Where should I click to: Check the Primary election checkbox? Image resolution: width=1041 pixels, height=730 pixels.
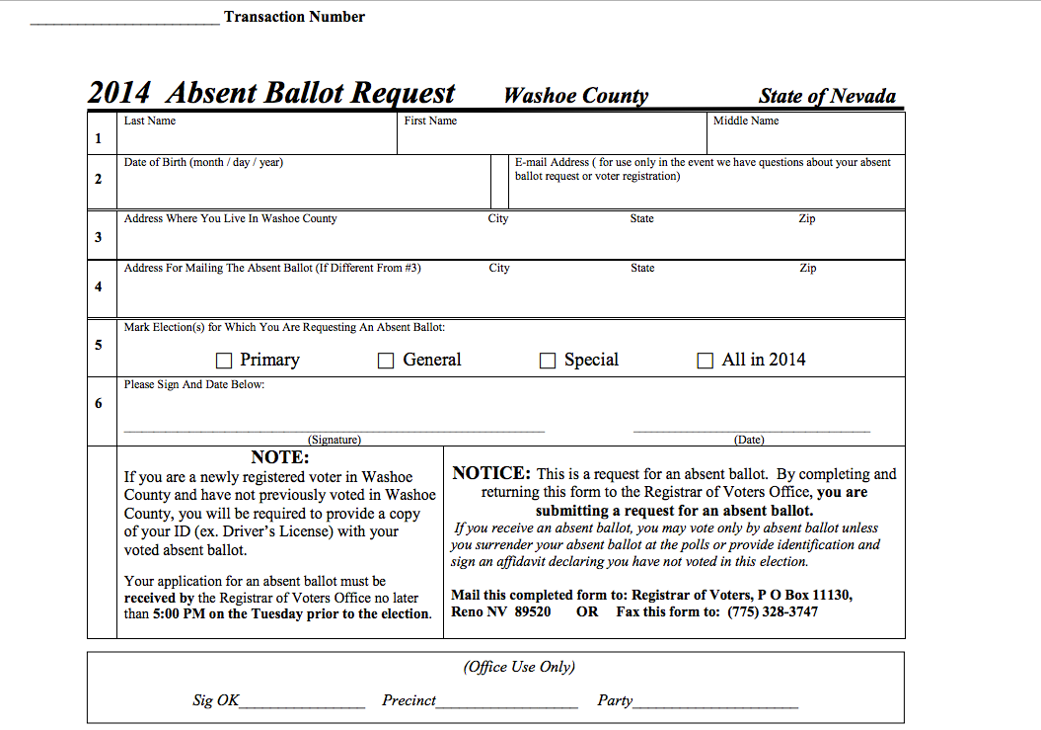click(224, 362)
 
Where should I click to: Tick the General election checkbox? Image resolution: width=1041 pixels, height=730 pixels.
click(387, 362)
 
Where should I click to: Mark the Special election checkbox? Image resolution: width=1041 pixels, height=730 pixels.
click(548, 362)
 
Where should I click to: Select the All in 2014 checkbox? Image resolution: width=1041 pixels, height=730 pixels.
click(706, 362)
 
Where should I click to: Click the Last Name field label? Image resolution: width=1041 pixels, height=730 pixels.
click(150, 122)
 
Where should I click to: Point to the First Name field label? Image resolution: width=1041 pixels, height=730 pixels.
click(430, 122)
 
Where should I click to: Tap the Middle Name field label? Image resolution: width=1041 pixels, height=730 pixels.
click(746, 122)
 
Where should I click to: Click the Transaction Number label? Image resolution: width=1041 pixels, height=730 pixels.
click(294, 17)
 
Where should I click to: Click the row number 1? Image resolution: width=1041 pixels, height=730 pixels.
click(98, 138)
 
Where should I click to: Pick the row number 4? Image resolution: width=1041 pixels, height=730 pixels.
click(98, 287)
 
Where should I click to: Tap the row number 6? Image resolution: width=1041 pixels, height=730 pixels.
click(98, 404)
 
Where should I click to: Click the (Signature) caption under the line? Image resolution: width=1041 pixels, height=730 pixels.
click(335, 440)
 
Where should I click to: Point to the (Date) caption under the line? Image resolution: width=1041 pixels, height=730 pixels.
click(749, 440)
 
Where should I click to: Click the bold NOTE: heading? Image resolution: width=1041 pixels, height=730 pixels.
click(280, 457)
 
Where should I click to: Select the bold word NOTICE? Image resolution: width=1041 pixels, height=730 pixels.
click(491, 474)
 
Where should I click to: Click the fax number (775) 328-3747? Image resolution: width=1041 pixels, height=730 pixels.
click(773, 612)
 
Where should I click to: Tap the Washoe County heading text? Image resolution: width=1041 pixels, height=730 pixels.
click(576, 96)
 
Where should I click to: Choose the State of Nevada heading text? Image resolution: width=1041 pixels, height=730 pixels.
click(827, 96)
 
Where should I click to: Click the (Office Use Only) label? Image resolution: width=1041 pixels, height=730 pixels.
click(519, 667)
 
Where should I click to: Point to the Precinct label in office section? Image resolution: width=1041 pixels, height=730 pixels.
click(409, 700)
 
